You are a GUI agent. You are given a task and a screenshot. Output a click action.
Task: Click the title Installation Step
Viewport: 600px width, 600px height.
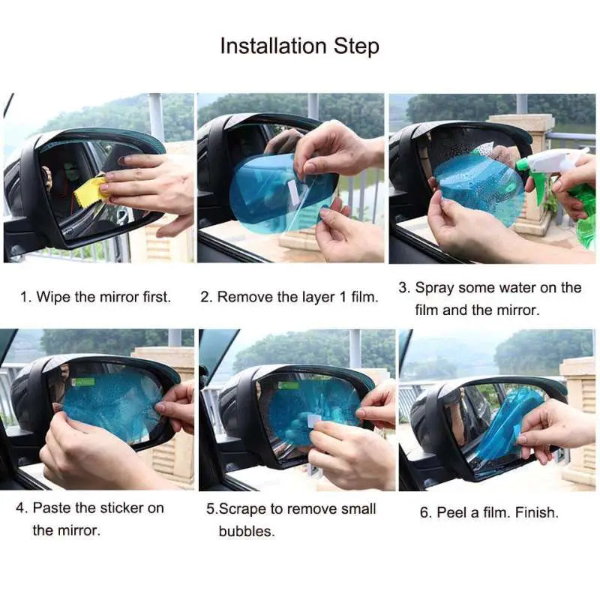pos(299,46)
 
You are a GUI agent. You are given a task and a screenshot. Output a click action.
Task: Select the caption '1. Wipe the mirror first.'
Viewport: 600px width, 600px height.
pos(95,297)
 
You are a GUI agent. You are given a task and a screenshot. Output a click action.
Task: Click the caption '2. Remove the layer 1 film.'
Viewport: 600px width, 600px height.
pos(289,297)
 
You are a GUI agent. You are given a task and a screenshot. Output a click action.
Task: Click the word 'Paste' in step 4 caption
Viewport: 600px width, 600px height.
pos(54,508)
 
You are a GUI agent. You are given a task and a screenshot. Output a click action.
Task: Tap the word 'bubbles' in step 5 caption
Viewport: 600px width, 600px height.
pos(247,532)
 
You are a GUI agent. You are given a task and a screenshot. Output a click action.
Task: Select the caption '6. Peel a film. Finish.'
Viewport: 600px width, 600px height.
pos(488,513)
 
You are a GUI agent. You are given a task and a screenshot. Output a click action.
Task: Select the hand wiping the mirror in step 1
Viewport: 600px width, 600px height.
pos(150,184)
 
